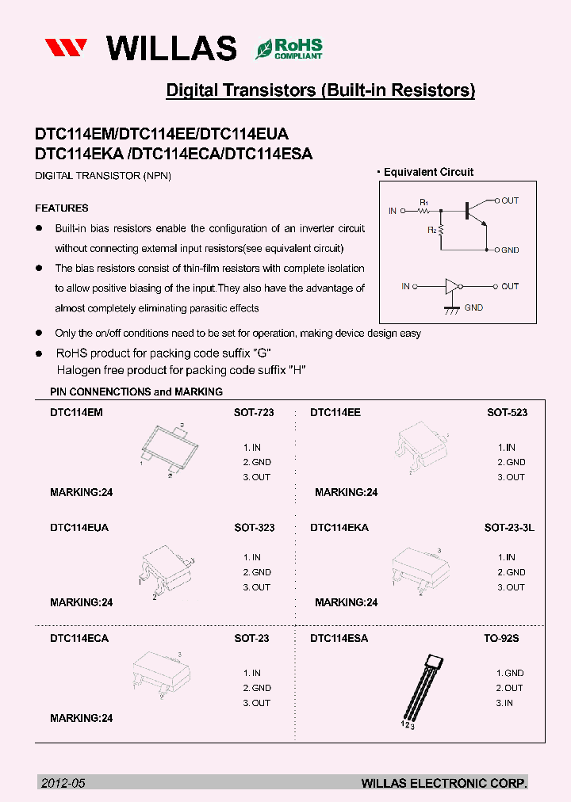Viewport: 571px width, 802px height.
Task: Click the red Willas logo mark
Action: coord(69,48)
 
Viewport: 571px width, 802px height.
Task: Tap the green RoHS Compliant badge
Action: coord(289,49)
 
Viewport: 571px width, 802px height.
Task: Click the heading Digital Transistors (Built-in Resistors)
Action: coord(320,90)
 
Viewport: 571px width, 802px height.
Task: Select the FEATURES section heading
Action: coord(61,208)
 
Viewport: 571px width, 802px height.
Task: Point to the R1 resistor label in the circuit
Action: coord(423,203)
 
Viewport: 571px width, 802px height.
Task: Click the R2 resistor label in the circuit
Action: coord(432,230)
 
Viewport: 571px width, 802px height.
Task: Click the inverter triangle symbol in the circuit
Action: coord(452,286)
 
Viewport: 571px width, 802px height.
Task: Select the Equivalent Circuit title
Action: coord(428,172)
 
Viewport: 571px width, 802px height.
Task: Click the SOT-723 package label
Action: coord(254,413)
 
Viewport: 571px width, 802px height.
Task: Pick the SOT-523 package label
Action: coord(507,413)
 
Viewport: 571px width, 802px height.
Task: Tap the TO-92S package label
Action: coord(501,638)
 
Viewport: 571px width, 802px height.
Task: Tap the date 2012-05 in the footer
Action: coord(62,783)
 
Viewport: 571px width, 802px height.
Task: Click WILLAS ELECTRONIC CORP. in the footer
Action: coord(444,783)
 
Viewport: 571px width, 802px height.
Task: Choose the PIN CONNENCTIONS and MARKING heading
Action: coord(136,391)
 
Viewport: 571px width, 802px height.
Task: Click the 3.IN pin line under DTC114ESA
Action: coord(504,703)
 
